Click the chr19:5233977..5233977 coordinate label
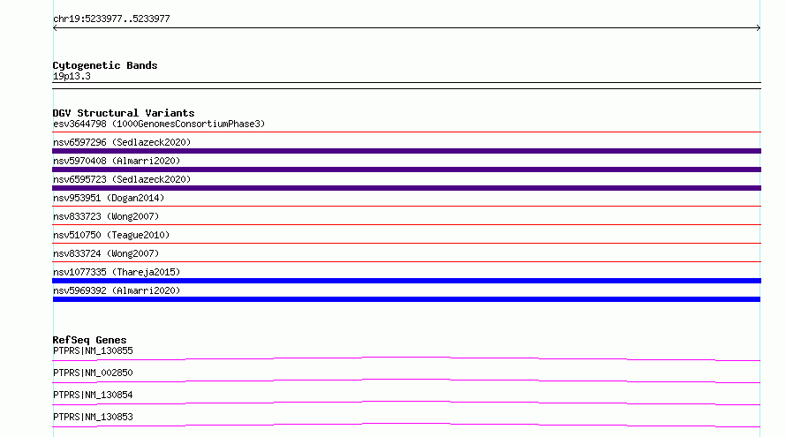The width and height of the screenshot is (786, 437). (x=111, y=19)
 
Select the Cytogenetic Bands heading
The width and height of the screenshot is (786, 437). (x=105, y=65)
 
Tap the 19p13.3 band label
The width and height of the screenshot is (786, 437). (x=72, y=76)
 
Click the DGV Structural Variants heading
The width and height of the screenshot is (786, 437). (x=124, y=113)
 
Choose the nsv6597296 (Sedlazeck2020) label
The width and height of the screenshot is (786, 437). (x=122, y=142)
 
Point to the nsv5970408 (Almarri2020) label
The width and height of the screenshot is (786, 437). (x=117, y=161)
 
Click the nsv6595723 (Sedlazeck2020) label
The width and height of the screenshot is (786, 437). (x=122, y=179)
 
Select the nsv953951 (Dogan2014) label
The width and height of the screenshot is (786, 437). (x=109, y=198)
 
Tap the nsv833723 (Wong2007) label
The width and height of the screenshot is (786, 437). (x=106, y=216)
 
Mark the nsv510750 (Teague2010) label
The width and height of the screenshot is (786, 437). (x=111, y=235)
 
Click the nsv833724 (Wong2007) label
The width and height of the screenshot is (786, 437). (x=106, y=253)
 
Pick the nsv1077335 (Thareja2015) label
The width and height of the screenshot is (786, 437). (x=117, y=272)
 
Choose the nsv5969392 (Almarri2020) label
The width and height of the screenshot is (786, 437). (x=117, y=290)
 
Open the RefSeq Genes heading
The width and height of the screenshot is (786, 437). (x=89, y=340)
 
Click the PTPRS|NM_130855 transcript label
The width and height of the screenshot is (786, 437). (x=93, y=350)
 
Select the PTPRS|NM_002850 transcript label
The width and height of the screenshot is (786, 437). (x=93, y=373)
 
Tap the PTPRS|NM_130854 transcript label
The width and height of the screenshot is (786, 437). (x=93, y=395)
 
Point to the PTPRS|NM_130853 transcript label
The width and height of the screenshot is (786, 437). (x=93, y=417)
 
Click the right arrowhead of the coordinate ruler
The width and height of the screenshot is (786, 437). (x=759, y=28)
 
